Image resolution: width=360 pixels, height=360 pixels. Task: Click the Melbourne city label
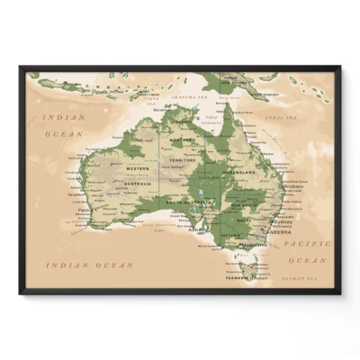(256, 244)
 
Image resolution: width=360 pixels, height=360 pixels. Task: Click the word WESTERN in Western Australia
(136, 168)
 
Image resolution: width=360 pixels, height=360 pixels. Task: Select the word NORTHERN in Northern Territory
(183, 141)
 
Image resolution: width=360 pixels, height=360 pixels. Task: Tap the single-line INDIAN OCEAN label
(90, 265)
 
